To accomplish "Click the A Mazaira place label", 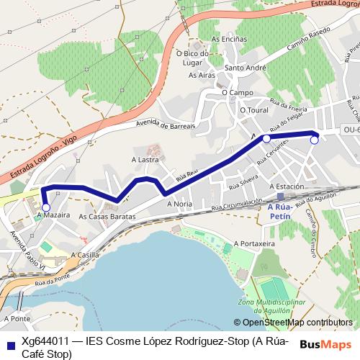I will (x=52, y=215).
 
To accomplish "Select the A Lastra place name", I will (x=145, y=160).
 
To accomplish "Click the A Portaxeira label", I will (x=255, y=244).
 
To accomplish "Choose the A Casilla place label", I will (x=85, y=255).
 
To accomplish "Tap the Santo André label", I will (x=242, y=68).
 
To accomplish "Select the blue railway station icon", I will (x=279, y=196).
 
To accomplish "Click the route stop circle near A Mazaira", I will (x=46, y=207).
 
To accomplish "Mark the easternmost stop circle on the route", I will (x=314, y=140).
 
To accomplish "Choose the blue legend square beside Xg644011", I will (x=10, y=342).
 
